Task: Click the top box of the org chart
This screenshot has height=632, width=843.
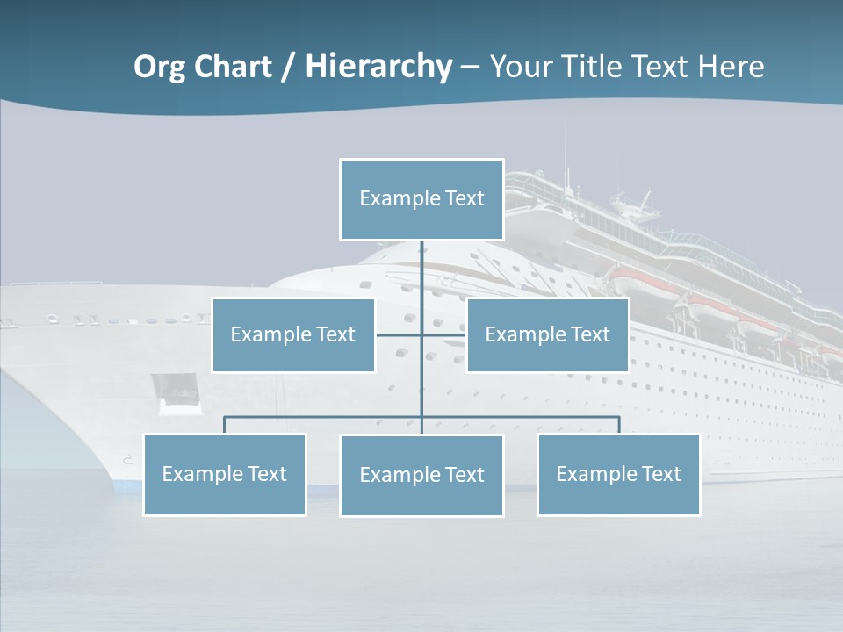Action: click(421, 199)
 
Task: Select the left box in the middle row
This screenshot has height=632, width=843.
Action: click(293, 335)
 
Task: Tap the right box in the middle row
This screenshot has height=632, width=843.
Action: click(547, 335)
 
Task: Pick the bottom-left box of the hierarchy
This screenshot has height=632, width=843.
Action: click(225, 475)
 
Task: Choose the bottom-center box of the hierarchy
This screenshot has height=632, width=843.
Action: click(421, 476)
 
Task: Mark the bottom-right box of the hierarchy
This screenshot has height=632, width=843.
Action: click(618, 475)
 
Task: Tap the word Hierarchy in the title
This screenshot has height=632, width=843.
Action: click(378, 67)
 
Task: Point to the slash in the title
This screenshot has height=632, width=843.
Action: click(289, 68)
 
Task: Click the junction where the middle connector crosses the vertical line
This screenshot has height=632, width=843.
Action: click(421, 335)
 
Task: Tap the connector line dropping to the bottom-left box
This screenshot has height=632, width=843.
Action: click(225, 426)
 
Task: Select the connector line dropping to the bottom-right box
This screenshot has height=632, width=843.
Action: click(619, 426)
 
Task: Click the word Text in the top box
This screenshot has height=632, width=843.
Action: click(465, 198)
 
